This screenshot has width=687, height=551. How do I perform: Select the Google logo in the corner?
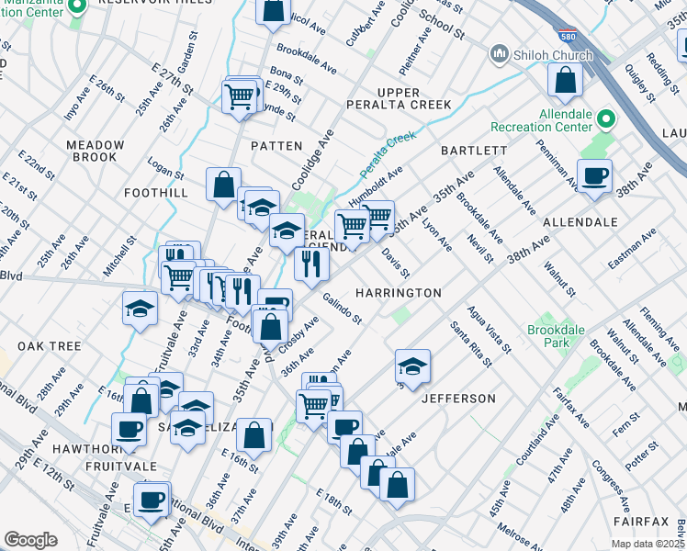pyautogui.click(x=30, y=540)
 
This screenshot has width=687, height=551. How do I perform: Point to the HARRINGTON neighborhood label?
pyautogui.click(x=399, y=293)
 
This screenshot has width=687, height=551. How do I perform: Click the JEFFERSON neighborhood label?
pyautogui.click(x=458, y=399)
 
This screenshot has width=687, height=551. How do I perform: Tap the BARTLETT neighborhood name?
pyautogui.click(x=474, y=151)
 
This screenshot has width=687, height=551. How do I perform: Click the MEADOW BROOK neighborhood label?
pyautogui.click(x=96, y=152)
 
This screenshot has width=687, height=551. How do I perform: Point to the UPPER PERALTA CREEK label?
pyautogui.click(x=399, y=99)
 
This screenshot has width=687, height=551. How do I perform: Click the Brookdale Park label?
pyautogui.click(x=549, y=336)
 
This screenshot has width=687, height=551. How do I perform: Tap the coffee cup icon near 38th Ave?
pyautogui.click(x=594, y=175)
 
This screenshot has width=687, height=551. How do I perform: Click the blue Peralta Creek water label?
pyautogui.click(x=388, y=155)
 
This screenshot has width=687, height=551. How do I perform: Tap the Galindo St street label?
pyautogui.click(x=343, y=308)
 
